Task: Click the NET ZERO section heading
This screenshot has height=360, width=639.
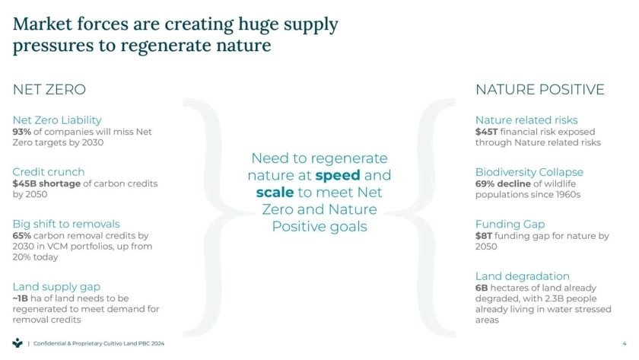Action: coord(49,90)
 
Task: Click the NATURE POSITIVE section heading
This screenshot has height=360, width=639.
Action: coord(540,90)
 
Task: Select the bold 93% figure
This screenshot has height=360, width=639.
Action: coord(21,132)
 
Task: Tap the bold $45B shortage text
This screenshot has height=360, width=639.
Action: coord(46,184)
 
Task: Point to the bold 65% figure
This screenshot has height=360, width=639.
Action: coord(21,236)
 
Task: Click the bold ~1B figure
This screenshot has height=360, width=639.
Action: coord(20,298)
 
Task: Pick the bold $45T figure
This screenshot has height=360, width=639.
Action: coord(487,132)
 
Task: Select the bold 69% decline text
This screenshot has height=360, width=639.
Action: coord(503,184)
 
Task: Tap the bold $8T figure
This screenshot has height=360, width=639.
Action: coord(484,236)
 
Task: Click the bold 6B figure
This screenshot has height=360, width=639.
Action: coord(482,288)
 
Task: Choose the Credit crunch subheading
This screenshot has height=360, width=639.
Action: coord(49,172)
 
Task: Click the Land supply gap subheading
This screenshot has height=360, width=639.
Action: coord(56,287)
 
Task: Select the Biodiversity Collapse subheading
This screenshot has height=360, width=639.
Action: coord(529,173)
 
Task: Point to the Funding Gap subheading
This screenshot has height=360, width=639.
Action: coord(510,225)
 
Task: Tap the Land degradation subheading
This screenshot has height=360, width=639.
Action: coord(523,276)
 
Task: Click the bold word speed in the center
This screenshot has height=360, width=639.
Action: coord(338,176)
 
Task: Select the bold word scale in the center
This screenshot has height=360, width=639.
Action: coord(275,192)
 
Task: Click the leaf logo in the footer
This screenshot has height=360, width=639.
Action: coord(17,343)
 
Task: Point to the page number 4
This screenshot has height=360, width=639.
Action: coord(625,344)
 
